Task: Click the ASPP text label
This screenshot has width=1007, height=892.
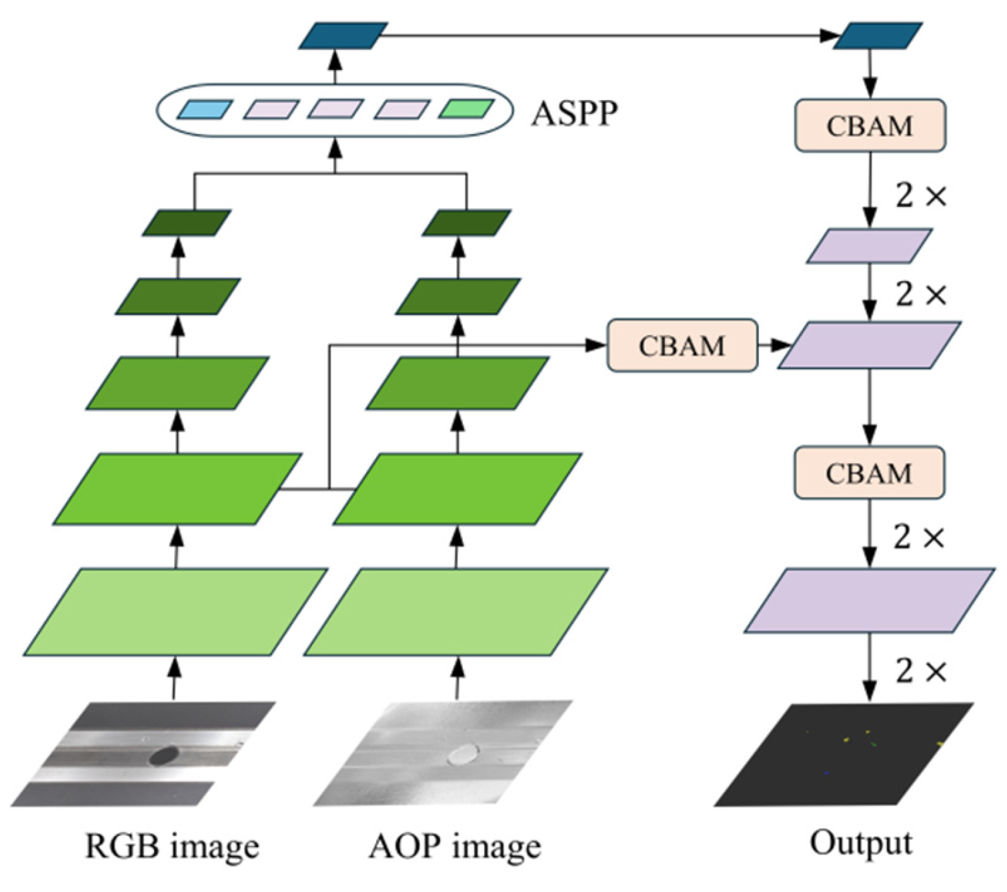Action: [x=574, y=113]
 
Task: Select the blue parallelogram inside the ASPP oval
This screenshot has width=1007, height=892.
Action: [x=205, y=109]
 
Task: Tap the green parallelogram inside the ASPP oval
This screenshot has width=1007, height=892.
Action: [x=466, y=109]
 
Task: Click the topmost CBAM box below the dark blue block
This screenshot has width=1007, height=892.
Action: [x=870, y=125]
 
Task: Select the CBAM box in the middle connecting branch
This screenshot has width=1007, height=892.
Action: [x=682, y=345]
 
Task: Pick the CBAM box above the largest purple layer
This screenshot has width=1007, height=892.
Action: [x=869, y=473]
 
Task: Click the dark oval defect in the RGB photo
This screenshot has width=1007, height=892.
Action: [x=163, y=755]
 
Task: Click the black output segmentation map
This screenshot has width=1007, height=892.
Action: [x=844, y=755]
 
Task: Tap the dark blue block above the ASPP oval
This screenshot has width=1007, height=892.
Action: [x=343, y=35]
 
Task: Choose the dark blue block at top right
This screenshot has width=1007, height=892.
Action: [x=878, y=35]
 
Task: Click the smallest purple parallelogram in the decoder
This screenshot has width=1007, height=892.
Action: [x=869, y=246]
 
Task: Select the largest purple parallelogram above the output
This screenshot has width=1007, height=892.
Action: [x=869, y=600]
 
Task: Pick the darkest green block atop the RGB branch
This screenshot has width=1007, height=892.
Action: [x=187, y=223]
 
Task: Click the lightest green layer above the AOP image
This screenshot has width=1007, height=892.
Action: [x=456, y=612]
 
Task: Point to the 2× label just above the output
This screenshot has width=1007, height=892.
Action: [x=921, y=671]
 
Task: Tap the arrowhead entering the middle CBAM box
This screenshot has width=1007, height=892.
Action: [x=596, y=345]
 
